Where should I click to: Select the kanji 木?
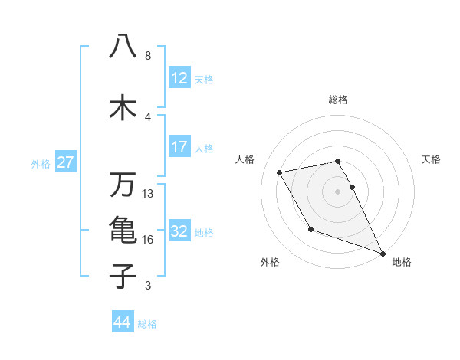123,106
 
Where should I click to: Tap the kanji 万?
123,185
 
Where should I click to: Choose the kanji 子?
123,276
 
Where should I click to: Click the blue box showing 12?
179,78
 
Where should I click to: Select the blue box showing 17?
179,147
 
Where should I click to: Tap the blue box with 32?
179,231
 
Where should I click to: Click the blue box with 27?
65,162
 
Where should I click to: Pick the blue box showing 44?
123,322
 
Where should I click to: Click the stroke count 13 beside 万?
148,194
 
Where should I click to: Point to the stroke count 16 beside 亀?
148,240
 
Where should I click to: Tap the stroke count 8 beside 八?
148,56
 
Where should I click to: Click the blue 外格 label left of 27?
41,163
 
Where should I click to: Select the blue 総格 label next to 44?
148,324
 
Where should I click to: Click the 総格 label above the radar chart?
338,100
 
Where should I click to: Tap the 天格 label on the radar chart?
431,159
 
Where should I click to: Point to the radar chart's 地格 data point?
383,253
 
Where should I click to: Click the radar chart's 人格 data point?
280,172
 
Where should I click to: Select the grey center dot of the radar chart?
338,191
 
